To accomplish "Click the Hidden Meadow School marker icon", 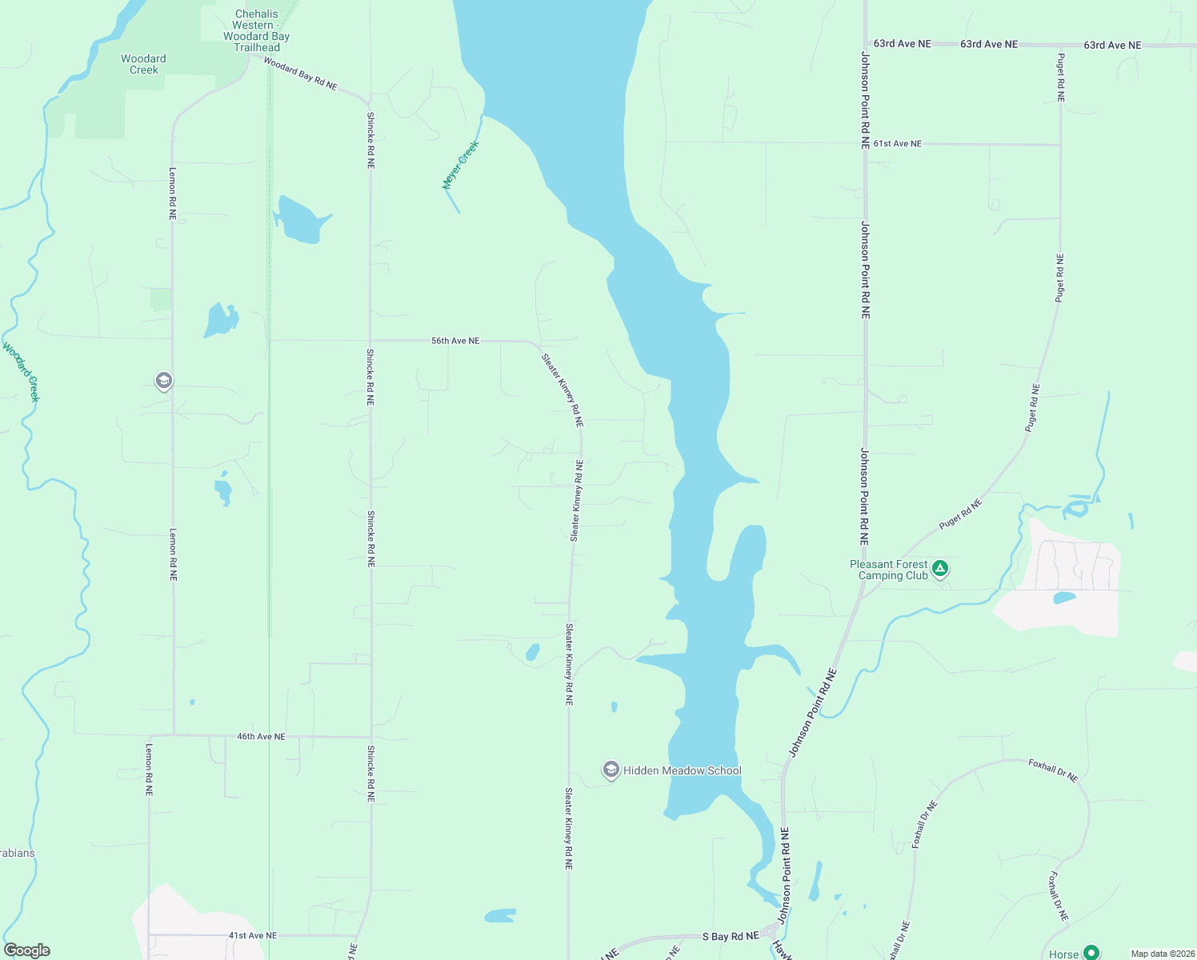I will (x=611, y=770).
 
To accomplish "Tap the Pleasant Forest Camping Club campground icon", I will (x=941, y=569).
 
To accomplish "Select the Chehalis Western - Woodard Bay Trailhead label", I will (x=256, y=31).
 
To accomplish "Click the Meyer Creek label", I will (x=461, y=165).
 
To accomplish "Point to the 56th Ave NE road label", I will (x=455, y=341).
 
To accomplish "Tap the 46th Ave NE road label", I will (x=261, y=737).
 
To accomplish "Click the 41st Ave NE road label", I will (x=253, y=935).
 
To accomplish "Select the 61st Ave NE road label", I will (x=898, y=144).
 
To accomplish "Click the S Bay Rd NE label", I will (x=731, y=936).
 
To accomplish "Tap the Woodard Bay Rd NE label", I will (x=301, y=74).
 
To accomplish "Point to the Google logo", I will (x=26, y=950).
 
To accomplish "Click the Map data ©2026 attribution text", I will (x=1161, y=954).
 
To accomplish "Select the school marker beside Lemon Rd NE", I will (x=164, y=381).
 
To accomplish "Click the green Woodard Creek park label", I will (x=144, y=64).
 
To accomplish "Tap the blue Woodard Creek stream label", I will (x=22, y=372).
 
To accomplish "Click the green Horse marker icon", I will (x=1091, y=953).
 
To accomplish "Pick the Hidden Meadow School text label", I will (x=683, y=770).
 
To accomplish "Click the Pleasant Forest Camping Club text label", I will (x=889, y=570).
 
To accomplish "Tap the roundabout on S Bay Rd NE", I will (x=770, y=932).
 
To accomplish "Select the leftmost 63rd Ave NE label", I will (x=903, y=44).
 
